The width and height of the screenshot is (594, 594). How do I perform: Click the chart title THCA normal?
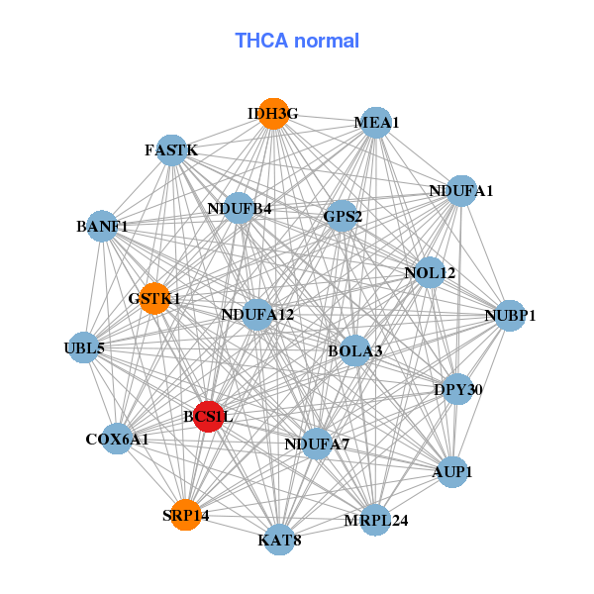coord(297,41)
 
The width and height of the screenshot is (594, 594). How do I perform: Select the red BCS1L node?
coord(208,417)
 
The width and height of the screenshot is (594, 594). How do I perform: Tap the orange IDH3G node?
coord(273,114)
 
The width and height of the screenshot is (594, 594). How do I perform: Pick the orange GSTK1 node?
coord(154,298)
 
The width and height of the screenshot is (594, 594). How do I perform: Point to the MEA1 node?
coord(376,123)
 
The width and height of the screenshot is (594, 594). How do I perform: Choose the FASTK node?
coord(172,150)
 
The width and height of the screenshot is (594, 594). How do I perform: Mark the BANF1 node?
coord(102,227)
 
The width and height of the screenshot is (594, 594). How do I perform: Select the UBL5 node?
coord(84,347)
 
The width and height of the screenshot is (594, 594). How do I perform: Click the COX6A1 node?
coord(117,439)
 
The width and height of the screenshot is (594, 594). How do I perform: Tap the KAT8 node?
coord(280,540)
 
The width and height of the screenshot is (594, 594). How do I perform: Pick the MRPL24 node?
coord(376,520)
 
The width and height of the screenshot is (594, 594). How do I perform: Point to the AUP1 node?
coord(452,472)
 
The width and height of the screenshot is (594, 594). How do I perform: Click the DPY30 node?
coord(458,389)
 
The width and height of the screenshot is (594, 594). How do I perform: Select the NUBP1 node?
coord(510,316)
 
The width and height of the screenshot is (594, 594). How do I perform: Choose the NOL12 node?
coord(430,272)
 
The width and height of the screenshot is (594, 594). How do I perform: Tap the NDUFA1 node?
coord(461,190)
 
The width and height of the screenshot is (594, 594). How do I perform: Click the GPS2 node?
coord(343,216)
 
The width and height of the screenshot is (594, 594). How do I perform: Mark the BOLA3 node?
coord(355,350)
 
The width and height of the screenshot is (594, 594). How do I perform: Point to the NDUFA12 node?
coord(257,315)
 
